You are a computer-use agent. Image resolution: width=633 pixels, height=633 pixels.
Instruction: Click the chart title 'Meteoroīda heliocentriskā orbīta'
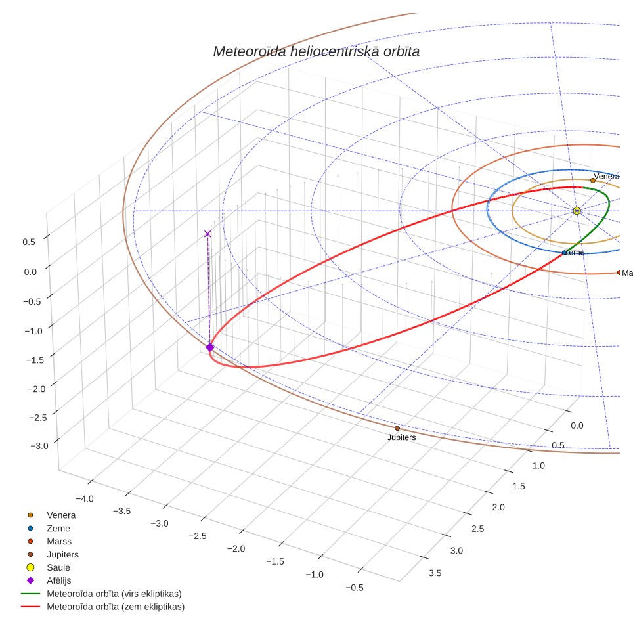316,52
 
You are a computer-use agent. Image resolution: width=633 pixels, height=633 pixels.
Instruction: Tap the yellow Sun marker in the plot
577,211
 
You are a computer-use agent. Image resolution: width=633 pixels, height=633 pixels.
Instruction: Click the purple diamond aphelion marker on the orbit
210,347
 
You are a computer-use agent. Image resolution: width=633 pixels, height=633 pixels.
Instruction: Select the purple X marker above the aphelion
207,234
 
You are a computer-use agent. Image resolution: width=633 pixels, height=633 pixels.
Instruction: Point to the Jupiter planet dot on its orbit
397,428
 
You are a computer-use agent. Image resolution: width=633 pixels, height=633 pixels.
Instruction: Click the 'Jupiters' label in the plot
401,437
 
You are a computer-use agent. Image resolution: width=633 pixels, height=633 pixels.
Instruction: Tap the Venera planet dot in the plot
593,181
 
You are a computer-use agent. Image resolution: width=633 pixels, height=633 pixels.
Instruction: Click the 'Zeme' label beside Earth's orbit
574,253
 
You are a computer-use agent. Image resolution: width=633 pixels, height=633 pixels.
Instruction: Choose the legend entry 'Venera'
61,515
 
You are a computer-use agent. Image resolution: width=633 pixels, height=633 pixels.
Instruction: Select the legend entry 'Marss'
59,542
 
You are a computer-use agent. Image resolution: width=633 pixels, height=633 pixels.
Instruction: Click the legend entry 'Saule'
58,567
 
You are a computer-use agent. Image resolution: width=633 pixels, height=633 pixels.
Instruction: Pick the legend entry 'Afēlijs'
59,581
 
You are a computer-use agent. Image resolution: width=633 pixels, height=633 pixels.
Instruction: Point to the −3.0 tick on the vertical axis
39,446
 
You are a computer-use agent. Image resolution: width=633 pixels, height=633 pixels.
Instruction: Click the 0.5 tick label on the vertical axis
29,242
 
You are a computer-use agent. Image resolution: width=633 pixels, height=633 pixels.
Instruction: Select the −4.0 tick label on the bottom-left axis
84,499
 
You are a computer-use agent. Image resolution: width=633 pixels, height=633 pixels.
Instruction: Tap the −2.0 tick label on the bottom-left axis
236,549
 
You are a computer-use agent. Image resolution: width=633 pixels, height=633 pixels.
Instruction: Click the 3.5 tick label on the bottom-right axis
435,573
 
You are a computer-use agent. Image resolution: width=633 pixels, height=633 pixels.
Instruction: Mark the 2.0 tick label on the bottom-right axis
498,508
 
